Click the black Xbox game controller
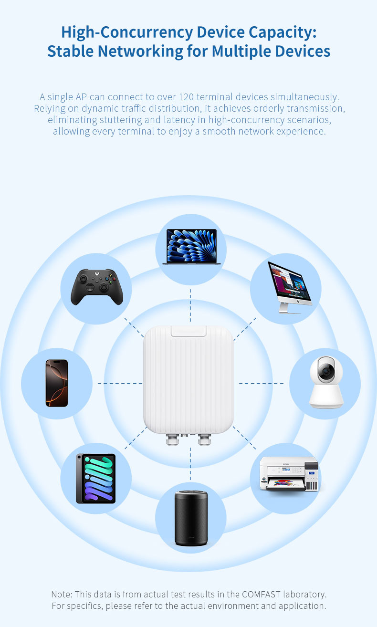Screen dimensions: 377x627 point(97,287)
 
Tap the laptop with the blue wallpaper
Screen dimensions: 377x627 point(191,247)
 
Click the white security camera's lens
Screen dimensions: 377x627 point(326,371)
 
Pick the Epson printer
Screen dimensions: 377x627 point(289,474)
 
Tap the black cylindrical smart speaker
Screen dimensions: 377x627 point(191,518)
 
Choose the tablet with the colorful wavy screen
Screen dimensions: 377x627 point(96,479)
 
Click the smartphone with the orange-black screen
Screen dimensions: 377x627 point(57,383)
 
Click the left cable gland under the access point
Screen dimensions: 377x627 point(172,439)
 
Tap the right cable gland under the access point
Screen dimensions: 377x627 point(204,439)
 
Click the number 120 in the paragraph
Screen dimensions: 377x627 point(186,97)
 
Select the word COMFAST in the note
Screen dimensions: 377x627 point(261,594)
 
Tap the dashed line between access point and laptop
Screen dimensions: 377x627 point(190,305)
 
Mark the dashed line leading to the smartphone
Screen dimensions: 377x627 point(120,383)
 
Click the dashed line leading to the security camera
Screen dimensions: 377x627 point(261,383)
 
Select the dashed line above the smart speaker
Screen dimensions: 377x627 point(190,463)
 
